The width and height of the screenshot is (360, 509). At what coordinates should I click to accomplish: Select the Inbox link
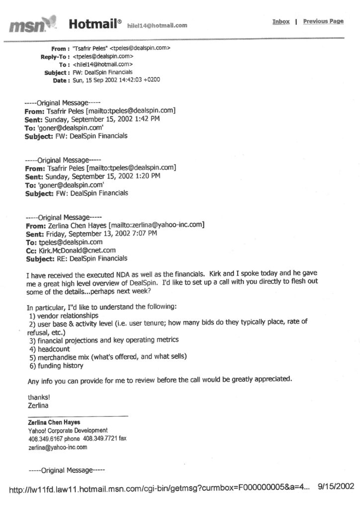(x=280, y=22)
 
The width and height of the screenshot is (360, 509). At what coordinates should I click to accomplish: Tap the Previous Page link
(x=323, y=21)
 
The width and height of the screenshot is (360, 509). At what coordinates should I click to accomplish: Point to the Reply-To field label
(x=55, y=57)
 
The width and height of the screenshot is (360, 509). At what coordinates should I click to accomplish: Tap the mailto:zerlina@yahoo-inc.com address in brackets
(x=159, y=225)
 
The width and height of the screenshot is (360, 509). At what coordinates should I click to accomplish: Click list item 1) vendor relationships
(x=63, y=316)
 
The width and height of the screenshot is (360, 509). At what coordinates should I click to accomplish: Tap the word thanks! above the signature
(x=36, y=397)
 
